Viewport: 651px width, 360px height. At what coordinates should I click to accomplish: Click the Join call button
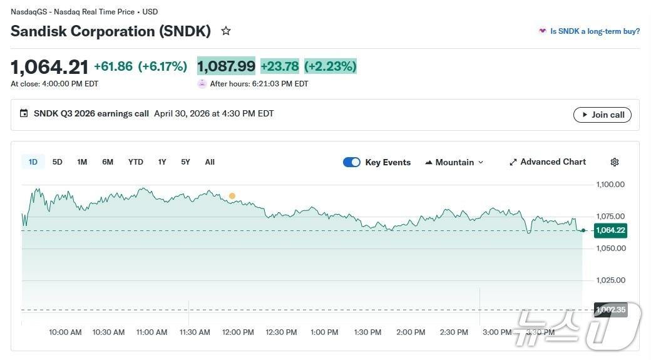(x=602, y=115)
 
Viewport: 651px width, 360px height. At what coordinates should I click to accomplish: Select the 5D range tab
(x=58, y=162)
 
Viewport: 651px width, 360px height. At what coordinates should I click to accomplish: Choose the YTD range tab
(x=136, y=162)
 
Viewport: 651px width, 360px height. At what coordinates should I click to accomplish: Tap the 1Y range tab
(x=162, y=162)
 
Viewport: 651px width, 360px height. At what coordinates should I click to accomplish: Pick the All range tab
(x=210, y=162)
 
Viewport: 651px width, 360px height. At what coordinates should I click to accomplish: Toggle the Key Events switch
(x=352, y=162)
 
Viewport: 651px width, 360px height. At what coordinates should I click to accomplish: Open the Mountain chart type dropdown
(x=454, y=162)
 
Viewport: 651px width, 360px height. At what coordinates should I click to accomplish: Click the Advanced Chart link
(x=548, y=162)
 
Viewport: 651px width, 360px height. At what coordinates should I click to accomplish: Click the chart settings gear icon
(x=615, y=162)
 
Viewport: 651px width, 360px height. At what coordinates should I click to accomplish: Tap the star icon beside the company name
(x=226, y=31)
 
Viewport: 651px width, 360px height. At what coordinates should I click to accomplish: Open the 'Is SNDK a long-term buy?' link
(x=595, y=31)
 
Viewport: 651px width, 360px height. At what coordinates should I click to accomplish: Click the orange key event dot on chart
(x=232, y=196)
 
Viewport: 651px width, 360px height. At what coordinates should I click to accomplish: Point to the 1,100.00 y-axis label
(x=610, y=184)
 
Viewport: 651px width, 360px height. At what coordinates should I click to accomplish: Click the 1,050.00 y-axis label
(x=610, y=248)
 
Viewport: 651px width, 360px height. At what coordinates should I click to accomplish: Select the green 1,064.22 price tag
(x=610, y=230)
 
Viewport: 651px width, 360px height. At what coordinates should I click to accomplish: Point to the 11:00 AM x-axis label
(x=151, y=332)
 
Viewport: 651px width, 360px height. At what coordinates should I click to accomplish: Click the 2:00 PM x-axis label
(x=411, y=332)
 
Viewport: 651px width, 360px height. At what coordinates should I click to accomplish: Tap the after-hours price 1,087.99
(x=227, y=66)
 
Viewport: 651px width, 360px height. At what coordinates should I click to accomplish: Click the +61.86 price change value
(x=113, y=66)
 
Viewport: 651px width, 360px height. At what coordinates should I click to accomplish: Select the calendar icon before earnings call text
(x=24, y=113)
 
